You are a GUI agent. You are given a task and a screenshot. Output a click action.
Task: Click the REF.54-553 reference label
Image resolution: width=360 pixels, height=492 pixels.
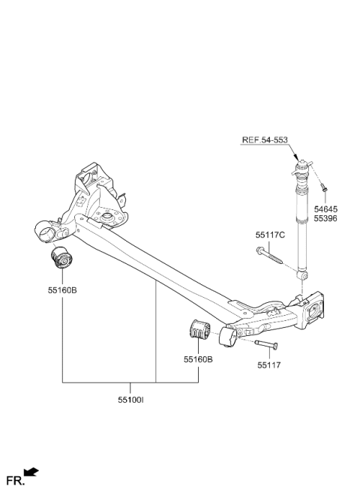[x=265, y=140]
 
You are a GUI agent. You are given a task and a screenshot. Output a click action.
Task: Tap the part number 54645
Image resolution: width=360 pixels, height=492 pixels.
[x=325, y=209]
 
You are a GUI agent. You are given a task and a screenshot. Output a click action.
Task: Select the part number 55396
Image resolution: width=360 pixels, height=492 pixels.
[x=325, y=219]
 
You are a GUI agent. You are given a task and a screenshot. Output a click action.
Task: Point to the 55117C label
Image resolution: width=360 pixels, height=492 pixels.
[x=270, y=235]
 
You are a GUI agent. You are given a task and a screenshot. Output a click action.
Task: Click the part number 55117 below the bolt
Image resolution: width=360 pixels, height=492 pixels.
[x=269, y=365]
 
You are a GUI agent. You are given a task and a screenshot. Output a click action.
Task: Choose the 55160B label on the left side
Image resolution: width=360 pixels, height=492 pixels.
[x=62, y=290]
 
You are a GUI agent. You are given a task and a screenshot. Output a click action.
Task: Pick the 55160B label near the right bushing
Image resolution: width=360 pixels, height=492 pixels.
[x=198, y=359]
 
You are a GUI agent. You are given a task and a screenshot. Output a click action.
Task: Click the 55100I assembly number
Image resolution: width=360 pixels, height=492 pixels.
[x=131, y=400]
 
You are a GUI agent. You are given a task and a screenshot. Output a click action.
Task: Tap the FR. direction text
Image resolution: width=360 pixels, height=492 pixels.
[x=16, y=481]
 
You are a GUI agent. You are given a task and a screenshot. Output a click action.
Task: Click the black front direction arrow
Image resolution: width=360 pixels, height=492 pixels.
[x=31, y=472]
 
